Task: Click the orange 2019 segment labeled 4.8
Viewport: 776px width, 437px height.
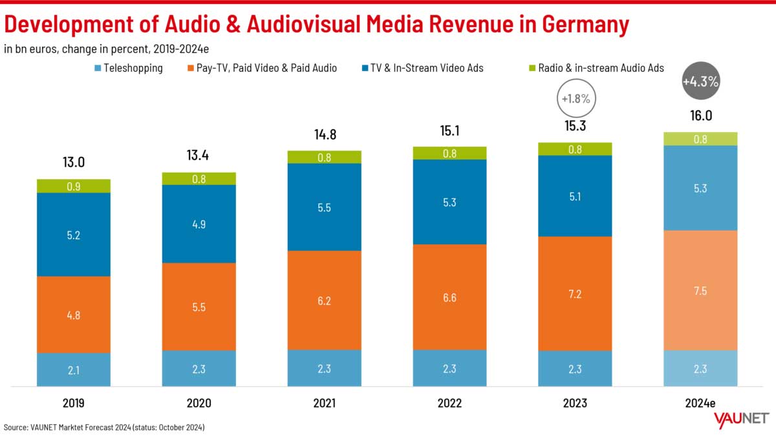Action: (x=73, y=315)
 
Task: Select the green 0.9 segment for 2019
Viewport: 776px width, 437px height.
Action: (x=73, y=186)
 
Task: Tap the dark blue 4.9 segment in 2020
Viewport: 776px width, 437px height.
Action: (x=199, y=224)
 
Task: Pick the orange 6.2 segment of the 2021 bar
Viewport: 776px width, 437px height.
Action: (x=324, y=300)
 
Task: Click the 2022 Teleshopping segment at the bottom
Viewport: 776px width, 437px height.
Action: (x=449, y=368)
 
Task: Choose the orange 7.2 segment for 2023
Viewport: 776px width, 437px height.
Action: (x=575, y=293)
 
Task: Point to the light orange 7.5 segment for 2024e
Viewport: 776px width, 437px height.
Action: (x=700, y=290)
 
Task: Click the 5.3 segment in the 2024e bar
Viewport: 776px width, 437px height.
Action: (x=700, y=187)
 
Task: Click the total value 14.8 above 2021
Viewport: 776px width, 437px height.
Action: (x=324, y=135)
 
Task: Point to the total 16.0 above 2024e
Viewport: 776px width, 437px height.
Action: (x=700, y=116)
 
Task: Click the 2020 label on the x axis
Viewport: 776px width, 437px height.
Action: (x=199, y=403)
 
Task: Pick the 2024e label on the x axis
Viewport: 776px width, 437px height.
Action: (x=700, y=403)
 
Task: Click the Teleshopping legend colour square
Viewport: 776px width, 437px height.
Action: (x=97, y=67)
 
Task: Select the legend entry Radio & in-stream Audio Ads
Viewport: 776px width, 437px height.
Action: (x=600, y=67)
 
